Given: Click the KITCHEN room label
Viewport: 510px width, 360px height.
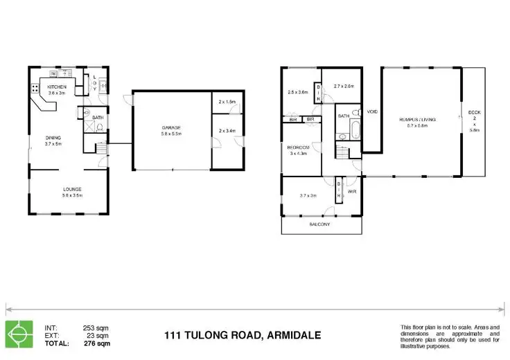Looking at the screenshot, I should (56, 86).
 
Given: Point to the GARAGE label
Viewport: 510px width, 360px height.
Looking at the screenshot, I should (172, 127).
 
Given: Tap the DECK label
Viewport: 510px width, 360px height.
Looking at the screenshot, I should (474, 112).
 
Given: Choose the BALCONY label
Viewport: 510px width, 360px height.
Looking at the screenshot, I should (319, 225).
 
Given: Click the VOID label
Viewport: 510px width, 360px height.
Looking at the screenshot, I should (372, 111).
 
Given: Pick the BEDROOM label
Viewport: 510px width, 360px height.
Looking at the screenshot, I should (299, 147).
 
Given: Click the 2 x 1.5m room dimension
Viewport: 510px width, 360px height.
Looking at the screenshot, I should (227, 102).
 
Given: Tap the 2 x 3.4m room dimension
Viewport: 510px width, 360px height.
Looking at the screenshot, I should (227, 131).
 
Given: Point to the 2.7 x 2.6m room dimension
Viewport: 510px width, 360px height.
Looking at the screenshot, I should (344, 87).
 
